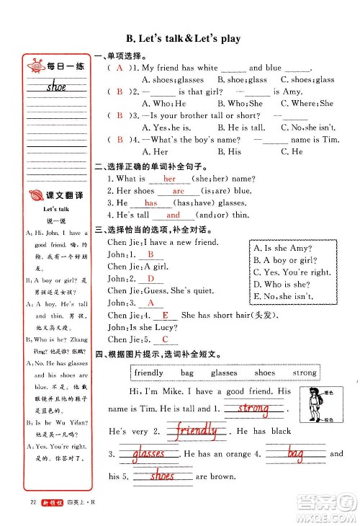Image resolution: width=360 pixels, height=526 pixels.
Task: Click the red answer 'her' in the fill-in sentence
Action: click(x=170, y=179)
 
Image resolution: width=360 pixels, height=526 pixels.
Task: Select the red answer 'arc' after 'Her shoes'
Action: click(x=179, y=191)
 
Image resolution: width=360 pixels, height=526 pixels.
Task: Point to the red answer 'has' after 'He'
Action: click(x=151, y=203)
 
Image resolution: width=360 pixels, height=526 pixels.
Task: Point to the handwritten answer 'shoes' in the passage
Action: click(x=162, y=476)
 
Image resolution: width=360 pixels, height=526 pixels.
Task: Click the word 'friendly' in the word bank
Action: click(x=149, y=373)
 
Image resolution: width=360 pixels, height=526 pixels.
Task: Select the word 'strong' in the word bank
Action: click(x=305, y=373)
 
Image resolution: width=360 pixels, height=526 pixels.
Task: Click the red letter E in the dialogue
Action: click(x=166, y=315)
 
